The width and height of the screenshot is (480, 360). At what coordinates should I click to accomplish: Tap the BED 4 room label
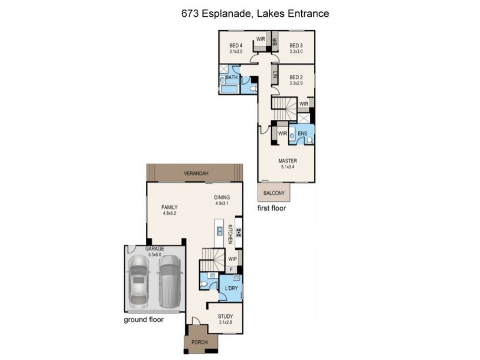click(x=236, y=46)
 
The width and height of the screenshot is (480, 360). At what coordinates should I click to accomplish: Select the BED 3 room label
click(x=295, y=46)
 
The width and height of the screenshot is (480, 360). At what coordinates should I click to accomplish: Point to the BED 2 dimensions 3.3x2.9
click(x=296, y=83)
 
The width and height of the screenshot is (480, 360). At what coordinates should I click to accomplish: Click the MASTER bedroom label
click(x=287, y=161)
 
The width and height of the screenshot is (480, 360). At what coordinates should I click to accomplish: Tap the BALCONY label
click(x=272, y=193)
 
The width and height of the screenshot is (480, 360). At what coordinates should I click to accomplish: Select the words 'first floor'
click(x=271, y=209)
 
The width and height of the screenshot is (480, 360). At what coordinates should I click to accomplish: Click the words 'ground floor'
click(x=143, y=319)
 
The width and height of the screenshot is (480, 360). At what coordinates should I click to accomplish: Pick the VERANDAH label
click(x=196, y=174)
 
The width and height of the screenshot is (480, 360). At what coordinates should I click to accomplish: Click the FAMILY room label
click(x=169, y=207)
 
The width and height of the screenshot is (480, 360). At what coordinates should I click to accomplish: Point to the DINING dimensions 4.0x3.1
click(x=222, y=203)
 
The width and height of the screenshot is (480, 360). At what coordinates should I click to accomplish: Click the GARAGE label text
click(x=154, y=248)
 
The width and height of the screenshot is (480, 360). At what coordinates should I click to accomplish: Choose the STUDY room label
click(x=226, y=316)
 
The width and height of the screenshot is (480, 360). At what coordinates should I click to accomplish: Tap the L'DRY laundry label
click(x=232, y=289)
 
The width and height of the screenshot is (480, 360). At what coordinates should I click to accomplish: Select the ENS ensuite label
click(x=302, y=133)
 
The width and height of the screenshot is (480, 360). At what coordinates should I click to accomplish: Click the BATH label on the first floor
click(x=232, y=77)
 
